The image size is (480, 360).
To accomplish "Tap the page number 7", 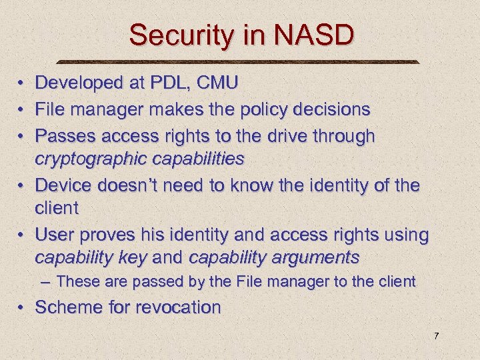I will click(436, 336).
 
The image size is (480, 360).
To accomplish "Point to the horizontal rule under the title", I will click(240, 62).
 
